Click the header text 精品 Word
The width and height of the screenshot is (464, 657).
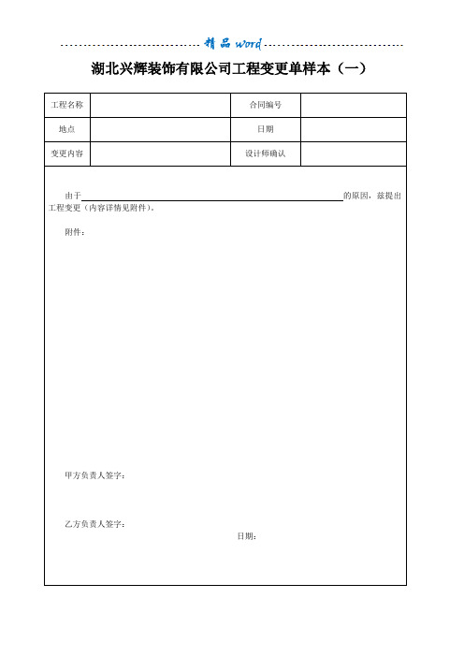tap(232, 43)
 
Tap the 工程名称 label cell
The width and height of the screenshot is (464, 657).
tap(66, 105)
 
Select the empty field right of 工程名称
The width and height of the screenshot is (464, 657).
tap(160, 105)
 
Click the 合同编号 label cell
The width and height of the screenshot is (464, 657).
tap(266, 105)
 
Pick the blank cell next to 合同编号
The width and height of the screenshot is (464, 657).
tap(354, 105)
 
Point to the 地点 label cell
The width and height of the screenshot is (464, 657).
tap(66, 129)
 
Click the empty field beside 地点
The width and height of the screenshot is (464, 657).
tap(160, 129)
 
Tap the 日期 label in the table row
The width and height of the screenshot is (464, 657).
tap(266, 129)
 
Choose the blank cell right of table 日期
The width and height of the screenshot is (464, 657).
tap(354, 129)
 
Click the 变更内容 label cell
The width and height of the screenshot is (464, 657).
tap(66, 153)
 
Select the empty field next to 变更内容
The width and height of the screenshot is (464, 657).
tap(160, 153)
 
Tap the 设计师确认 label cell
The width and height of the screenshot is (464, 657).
tap(266, 153)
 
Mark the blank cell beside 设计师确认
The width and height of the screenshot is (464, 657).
tap(354, 153)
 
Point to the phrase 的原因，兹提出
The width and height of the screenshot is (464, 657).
tap(373, 196)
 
